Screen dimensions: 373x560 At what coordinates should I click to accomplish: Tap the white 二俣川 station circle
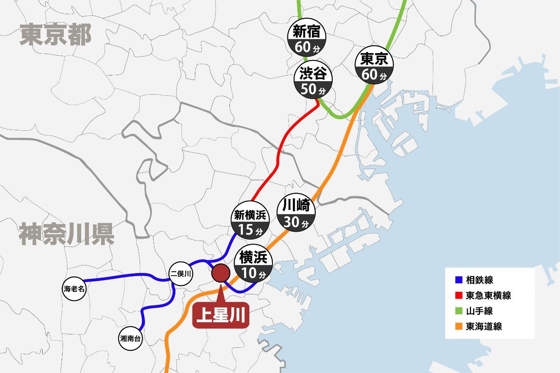pos(180,274)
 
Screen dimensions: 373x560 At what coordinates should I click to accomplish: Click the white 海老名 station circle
pos(75,289)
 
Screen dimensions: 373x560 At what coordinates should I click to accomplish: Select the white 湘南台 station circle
pos(130,339)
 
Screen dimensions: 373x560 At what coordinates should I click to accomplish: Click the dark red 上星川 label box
pos(221,315)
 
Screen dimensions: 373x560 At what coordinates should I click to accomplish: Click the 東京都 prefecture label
pos(56,34)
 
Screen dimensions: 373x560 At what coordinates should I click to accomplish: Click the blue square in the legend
pos(459,280)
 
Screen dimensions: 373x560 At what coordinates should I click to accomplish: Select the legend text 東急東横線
pos(488,295)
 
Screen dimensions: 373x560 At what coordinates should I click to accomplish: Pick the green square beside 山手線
pos(459,311)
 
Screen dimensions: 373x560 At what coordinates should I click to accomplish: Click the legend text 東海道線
pos(484,326)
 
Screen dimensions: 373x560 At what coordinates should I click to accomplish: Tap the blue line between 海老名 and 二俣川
pos(122,276)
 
